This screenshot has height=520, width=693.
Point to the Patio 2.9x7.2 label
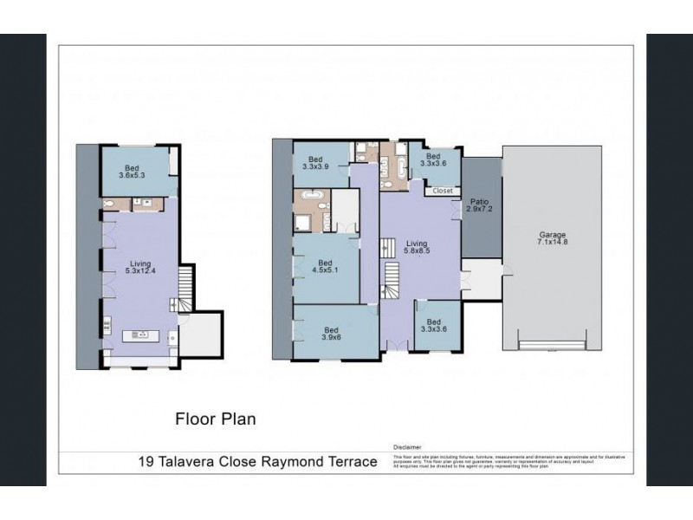click(x=479, y=205)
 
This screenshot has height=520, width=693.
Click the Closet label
click(x=442, y=190)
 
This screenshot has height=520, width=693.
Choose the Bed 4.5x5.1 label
click(x=325, y=266)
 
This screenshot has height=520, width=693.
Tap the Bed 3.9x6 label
click(x=332, y=333)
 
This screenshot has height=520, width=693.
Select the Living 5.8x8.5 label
click(x=418, y=249)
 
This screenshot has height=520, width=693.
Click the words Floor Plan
click(x=215, y=419)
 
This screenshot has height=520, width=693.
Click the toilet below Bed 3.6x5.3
click(x=107, y=204)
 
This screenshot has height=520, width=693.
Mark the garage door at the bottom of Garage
click(x=551, y=348)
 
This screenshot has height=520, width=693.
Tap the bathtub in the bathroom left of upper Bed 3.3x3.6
click(x=402, y=163)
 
